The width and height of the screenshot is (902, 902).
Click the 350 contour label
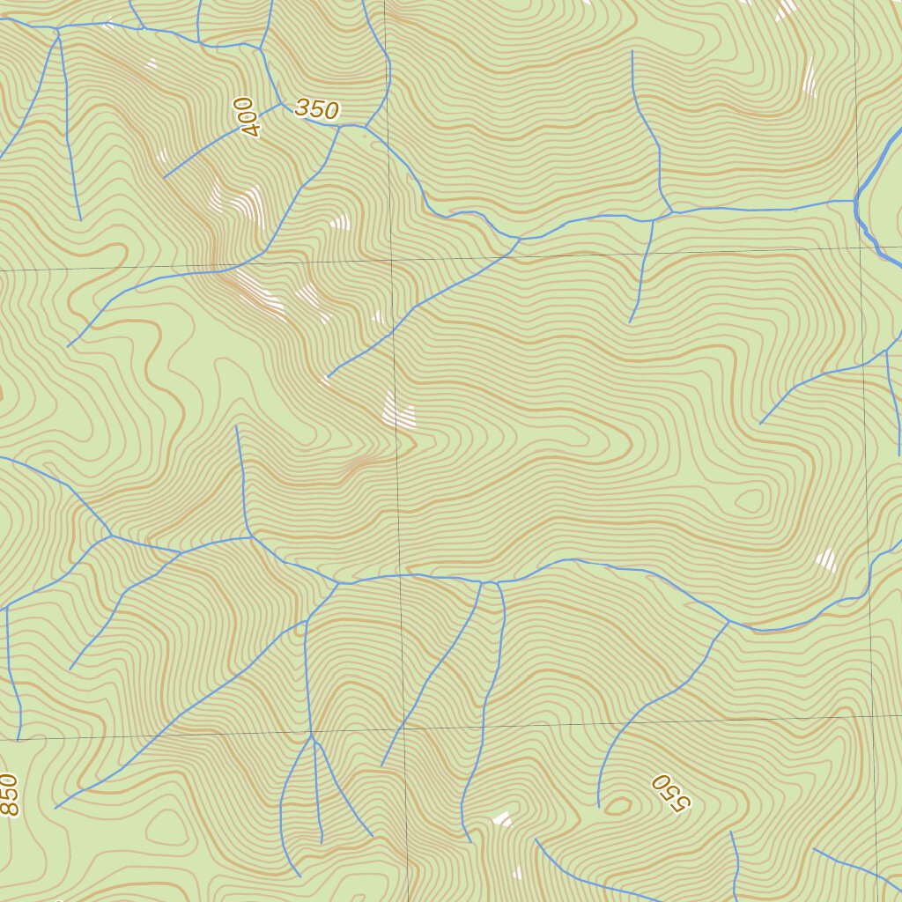coord(316,109)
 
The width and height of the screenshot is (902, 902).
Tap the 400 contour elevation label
coord(249,117)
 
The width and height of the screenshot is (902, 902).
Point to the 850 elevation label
coord(9,795)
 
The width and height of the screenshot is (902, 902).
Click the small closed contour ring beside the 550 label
coord(618,804)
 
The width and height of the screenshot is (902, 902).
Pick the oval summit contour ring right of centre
coord(750,501)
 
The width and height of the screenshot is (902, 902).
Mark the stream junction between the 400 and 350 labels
coord(281,104)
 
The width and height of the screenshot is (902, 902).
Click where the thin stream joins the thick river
coord(855,202)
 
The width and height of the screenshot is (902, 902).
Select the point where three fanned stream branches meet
coord(311,735)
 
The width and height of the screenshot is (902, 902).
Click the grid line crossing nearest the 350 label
coord(391,260)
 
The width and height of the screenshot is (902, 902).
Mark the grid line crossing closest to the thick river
coord(861,248)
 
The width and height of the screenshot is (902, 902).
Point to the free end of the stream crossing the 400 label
coord(165,177)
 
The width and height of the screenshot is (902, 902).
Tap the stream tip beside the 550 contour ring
coord(599,806)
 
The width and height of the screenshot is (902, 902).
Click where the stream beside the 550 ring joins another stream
coord(729,622)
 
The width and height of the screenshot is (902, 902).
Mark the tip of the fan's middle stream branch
coord(322,842)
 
